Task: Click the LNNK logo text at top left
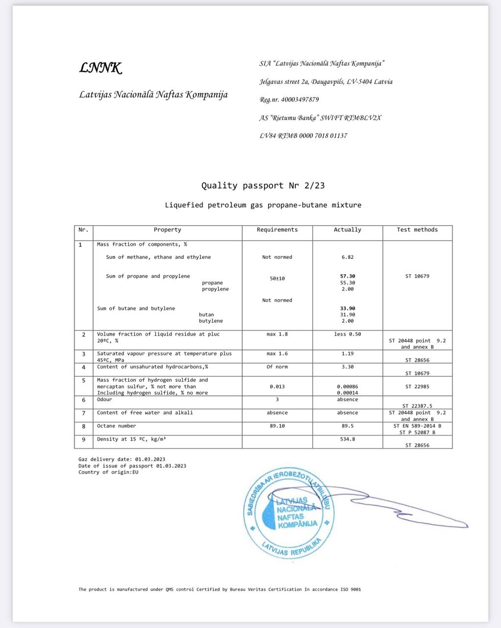coord(100,68)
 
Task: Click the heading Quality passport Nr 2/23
coord(263,185)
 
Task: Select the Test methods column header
coord(417,230)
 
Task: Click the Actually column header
coord(347,230)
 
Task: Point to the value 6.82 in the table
coord(347,257)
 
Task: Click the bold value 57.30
coord(348,276)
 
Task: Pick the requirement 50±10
coord(277,278)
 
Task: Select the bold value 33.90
coord(348,308)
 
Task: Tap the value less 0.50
coord(347,334)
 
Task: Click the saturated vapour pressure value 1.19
coord(347,353)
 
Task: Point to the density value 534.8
coord(348,439)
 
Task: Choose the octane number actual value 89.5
coord(348,426)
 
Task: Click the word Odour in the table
coord(104,399)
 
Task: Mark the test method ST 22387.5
coord(417,406)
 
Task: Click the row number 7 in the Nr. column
coord(83,413)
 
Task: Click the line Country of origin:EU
coord(108,472)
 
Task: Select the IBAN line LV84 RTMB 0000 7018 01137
coord(303,136)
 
